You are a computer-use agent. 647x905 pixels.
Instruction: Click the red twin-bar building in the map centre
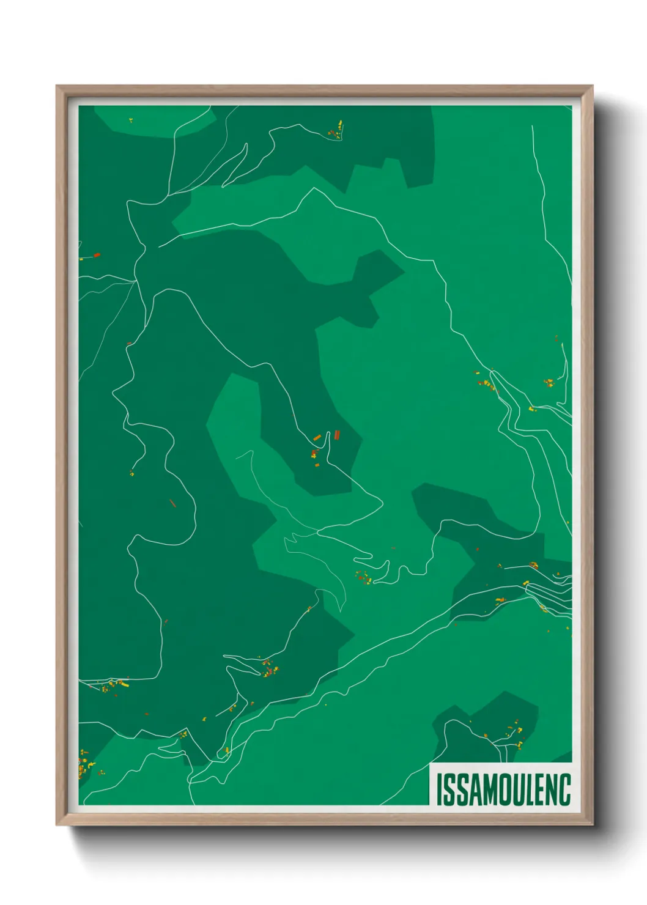[x=336, y=435]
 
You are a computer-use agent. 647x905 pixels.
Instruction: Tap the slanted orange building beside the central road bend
[x=317, y=437]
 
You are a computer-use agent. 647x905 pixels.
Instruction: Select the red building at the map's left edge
[x=97, y=254]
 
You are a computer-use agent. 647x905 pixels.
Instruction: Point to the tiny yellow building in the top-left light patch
[x=131, y=120]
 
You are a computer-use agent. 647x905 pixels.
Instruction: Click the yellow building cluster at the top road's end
[x=336, y=131]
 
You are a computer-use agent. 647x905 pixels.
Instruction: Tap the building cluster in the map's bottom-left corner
[x=85, y=766]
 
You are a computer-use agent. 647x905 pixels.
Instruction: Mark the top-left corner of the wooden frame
[x=57, y=86]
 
